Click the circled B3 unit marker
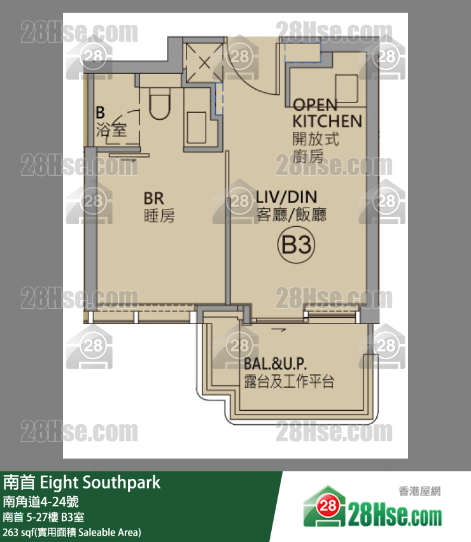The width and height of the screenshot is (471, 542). tap(295, 245)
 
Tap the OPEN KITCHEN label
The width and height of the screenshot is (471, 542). tap(327, 113)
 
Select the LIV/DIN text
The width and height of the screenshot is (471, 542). tap(286, 197)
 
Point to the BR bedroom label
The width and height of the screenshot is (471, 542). tap(154, 198)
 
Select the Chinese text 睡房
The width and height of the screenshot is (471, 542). tap(158, 217)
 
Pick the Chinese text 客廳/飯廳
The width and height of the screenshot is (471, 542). tap(291, 215)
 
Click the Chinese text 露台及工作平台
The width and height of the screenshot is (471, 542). tap(289, 382)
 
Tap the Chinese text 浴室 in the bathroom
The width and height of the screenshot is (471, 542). tap(111, 131)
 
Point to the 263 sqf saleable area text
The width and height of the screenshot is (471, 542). tap(71, 532)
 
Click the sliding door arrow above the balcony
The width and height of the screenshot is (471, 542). tap(278, 329)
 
